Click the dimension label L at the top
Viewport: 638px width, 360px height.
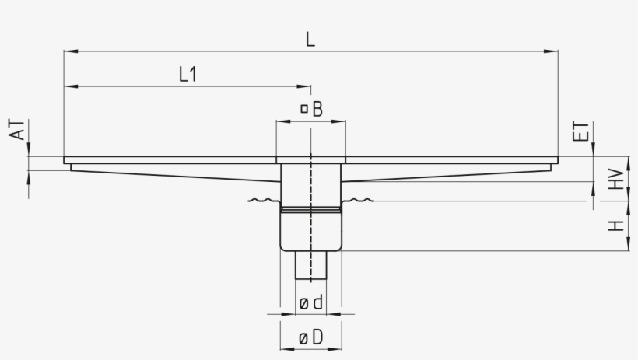click(x=310, y=40)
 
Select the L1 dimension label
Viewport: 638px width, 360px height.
click(x=188, y=75)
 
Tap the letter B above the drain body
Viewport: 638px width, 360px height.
click(x=317, y=110)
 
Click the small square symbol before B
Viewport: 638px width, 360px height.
click(x=304, y=110)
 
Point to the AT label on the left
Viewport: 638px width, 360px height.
click(x=18, y=130)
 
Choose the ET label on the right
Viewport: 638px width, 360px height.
click(x=580, y=131)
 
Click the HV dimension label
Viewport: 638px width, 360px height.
click(x=615, y=180)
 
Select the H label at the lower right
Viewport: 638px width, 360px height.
click(x=615, y=226)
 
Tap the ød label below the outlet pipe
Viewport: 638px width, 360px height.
click(x=310, y=303)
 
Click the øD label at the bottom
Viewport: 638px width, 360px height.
click(x=310, y=338)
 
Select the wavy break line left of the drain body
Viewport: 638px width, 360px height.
click(x=263, y=201)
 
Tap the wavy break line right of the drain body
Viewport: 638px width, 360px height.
click(x=359, y=201)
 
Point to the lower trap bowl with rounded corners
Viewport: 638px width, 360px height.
click(x=311, y=231)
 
